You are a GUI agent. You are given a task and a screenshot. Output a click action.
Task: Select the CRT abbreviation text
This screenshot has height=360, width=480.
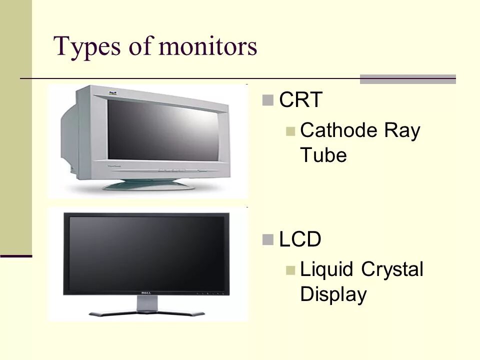click(300, 100)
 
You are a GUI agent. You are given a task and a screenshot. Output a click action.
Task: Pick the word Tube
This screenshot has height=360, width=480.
click(323, 155)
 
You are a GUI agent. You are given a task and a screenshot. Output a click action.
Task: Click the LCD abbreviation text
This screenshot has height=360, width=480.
click(300, 239)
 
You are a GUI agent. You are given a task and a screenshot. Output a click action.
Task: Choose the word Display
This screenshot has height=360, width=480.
click(333, 294)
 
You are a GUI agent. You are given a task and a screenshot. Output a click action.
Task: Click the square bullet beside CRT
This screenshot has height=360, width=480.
click(267, 101)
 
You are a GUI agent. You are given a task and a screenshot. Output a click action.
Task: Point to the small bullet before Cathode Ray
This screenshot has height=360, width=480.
click(290, 132)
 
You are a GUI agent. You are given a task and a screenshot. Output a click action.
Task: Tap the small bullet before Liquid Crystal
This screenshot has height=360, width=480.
click(290, 271)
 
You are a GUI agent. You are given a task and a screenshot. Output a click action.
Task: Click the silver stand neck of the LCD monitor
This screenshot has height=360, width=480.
click(147, 303)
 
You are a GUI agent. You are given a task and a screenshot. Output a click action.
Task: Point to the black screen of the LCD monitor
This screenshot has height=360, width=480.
click(147, 250)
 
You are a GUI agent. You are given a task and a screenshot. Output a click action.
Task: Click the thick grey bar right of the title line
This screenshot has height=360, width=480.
click(408, 78)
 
